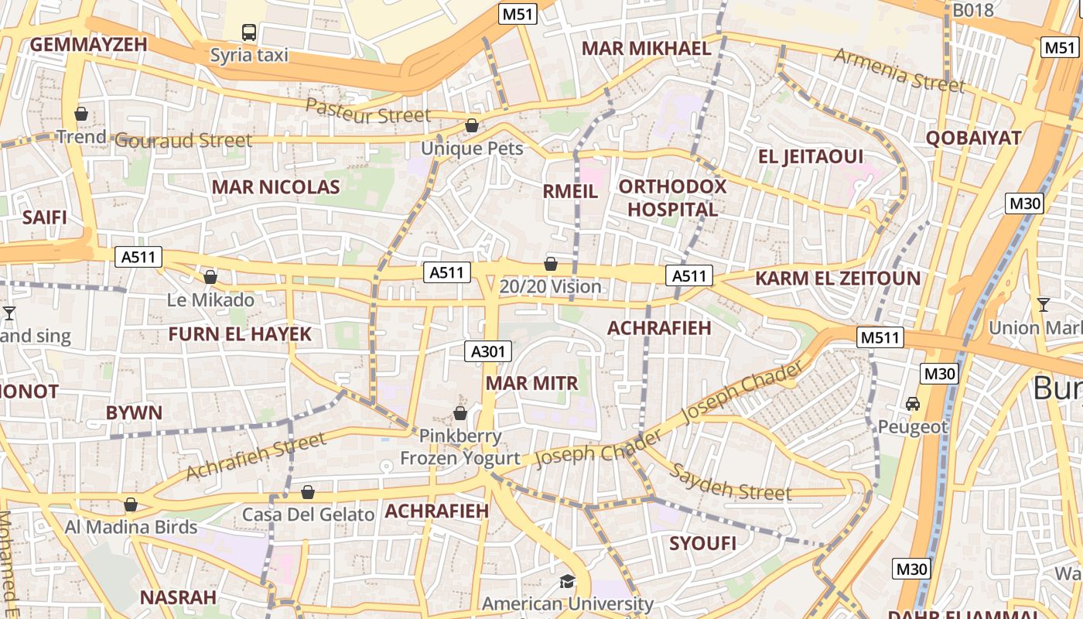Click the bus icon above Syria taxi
[x=249, y=32]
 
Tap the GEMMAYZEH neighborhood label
[x=88, y=44]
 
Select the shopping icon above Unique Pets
[x=472, y=125]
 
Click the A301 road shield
[x=489, y=351]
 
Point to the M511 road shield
[x=881, y=337]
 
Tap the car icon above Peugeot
[x=913, y=404]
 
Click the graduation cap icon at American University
[x=569, y=581]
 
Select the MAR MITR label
[x=531, y=383]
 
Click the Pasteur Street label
[x=367, y=111]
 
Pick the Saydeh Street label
[x=730, y=481]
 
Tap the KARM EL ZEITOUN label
[x=838, y=279]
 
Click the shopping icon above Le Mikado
[x=210, y=277]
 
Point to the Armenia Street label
[x=899, y=69]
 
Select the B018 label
[x=973, y=10]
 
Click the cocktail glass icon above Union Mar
[x=1044, y=305]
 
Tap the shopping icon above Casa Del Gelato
[x=308, y=492]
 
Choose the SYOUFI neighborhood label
[x=702, y=543]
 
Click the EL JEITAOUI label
[x=811, y=156]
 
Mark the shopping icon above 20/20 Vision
[x=551, y=264]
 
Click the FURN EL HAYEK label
[x=240, y=334]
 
